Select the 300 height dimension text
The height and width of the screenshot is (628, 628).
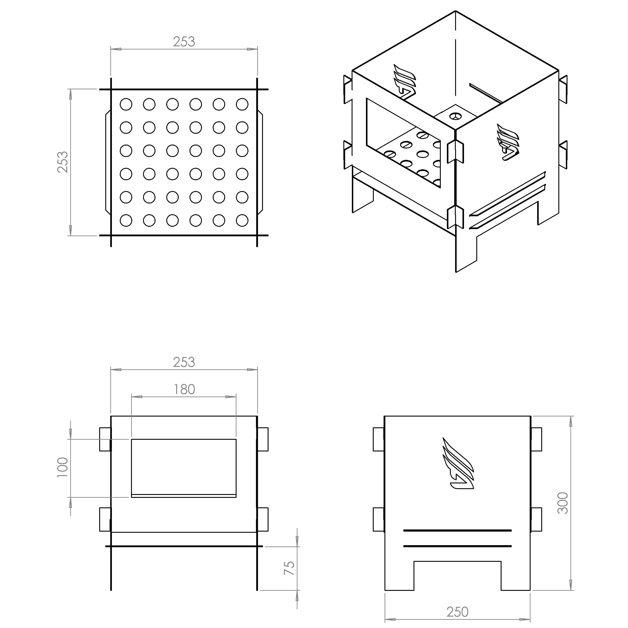tap(563, 503)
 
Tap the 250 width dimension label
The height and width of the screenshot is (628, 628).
tap(457, 612)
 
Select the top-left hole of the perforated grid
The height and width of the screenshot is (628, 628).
tap(126, 104)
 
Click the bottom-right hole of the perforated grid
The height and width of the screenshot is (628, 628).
tap(242, 220)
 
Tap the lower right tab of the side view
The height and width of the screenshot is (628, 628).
tap(537, 519)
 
